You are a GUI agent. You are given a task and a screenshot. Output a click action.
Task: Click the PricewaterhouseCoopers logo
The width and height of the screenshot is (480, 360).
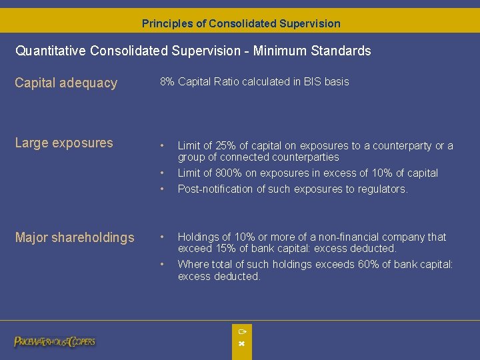click(x=55, y=341)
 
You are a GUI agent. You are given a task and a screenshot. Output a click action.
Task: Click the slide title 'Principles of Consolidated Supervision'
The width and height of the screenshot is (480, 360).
click(x=241, y=23)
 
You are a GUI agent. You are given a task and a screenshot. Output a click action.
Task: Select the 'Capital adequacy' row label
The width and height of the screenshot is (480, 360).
click(x=66, y=83)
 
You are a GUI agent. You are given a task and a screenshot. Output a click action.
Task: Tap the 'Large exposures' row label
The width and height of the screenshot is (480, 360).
click(x=64, y=143)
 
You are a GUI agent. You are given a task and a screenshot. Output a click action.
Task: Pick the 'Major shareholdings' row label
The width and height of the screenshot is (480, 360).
click(x=75, y=238)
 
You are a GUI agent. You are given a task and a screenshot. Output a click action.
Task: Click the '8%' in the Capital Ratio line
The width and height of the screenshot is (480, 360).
click(x=167, y=82)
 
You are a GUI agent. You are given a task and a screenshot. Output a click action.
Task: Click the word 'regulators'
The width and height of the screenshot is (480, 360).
click(x=383, y=189)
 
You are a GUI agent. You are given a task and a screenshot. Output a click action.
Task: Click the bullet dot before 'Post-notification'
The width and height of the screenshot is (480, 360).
click(x=162, y=189)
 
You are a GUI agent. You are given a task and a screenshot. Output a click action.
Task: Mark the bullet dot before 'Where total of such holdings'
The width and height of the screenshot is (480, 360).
click(x=162, y=265)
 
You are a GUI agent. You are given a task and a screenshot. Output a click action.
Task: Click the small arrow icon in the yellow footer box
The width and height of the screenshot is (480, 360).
click(x=242, y=331)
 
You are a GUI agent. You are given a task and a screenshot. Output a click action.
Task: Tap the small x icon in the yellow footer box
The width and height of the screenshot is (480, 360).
click(x=242, y=343)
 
